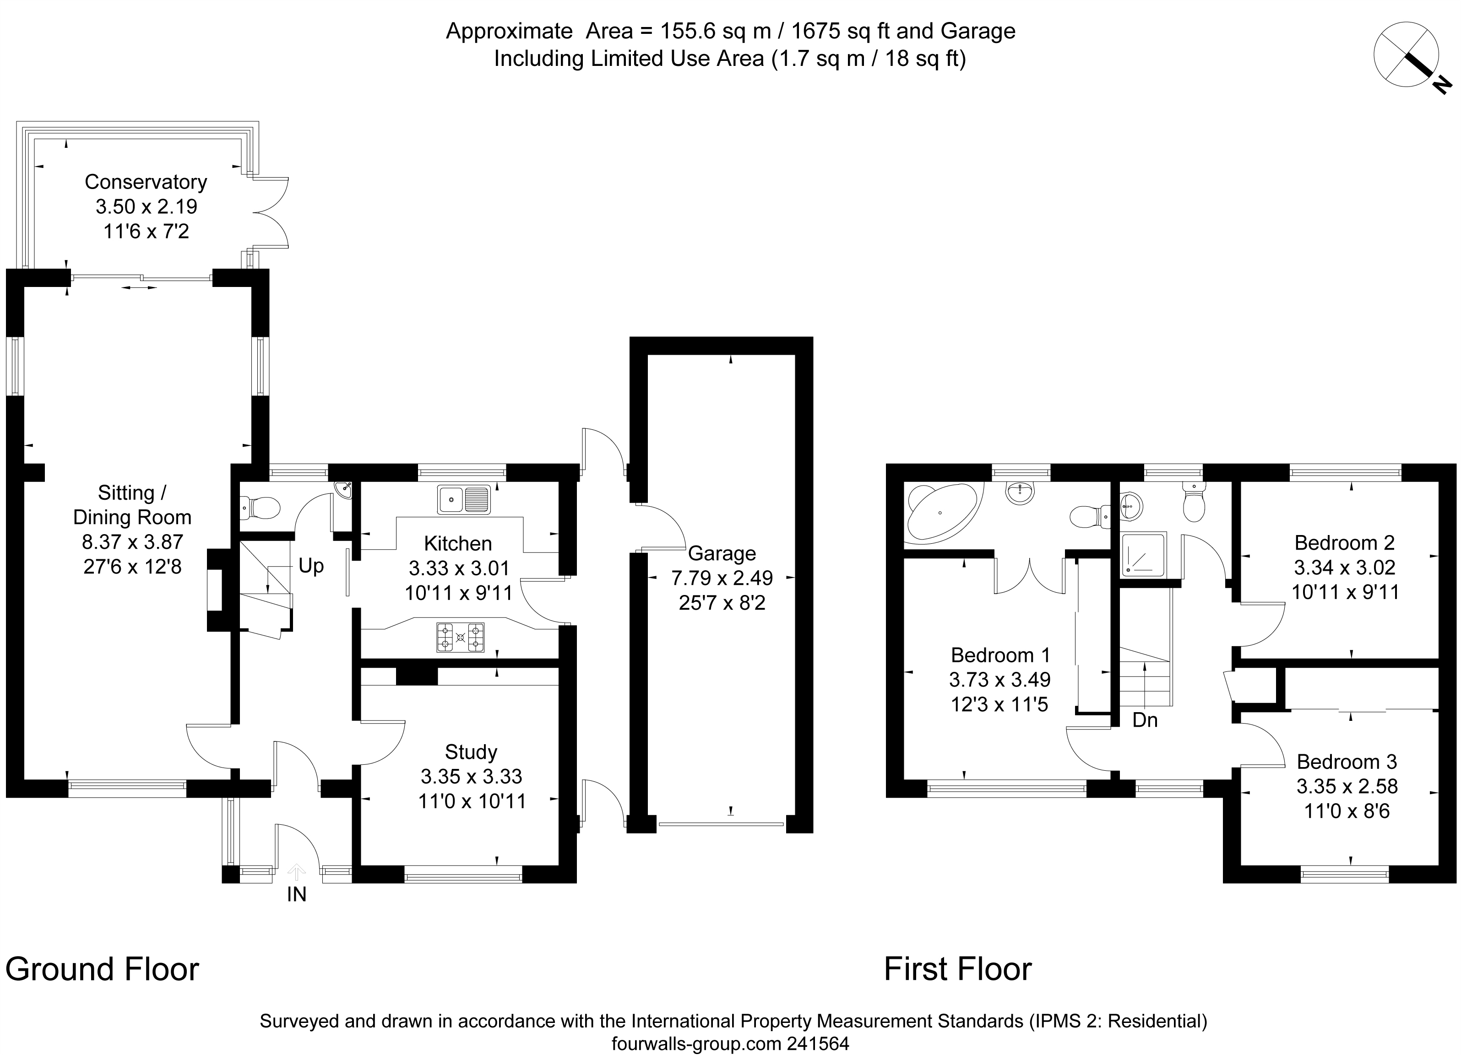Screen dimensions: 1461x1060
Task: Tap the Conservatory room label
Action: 146,182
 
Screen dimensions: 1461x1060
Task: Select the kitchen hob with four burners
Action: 460,638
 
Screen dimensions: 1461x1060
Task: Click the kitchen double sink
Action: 464,500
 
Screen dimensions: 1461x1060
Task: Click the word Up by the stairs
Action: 311,566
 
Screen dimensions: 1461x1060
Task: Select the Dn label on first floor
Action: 1145,720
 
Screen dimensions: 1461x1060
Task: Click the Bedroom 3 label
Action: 1347,762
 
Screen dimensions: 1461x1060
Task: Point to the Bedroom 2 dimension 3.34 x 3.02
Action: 1344,568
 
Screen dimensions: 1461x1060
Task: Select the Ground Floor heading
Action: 103,969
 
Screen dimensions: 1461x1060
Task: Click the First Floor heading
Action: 958,969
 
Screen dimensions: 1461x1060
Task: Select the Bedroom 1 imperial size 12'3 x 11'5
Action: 1000,704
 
